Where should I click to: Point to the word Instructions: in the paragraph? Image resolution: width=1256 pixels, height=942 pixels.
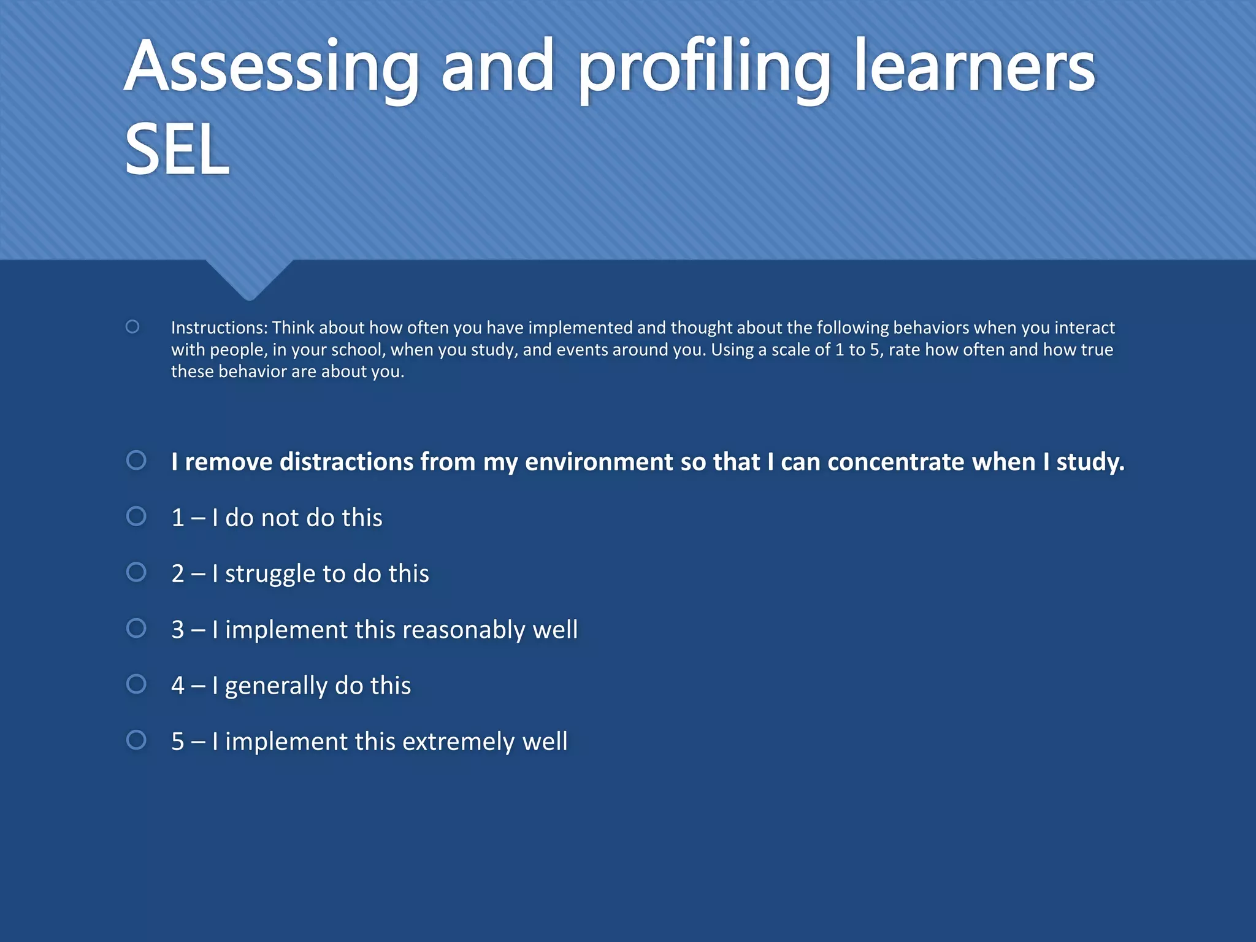(219, 327)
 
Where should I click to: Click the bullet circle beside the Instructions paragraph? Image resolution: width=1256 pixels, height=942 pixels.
(132, 327)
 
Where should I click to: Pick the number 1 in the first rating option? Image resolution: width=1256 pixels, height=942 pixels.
(178, 518)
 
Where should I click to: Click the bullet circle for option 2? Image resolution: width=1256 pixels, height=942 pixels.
(136, 572)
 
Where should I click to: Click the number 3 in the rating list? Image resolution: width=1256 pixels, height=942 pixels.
(178, 630)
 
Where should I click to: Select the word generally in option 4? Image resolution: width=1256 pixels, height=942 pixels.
(276, 686)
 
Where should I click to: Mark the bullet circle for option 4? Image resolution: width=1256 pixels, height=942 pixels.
(136, 684)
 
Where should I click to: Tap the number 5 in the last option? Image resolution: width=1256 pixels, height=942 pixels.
(178, 742)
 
